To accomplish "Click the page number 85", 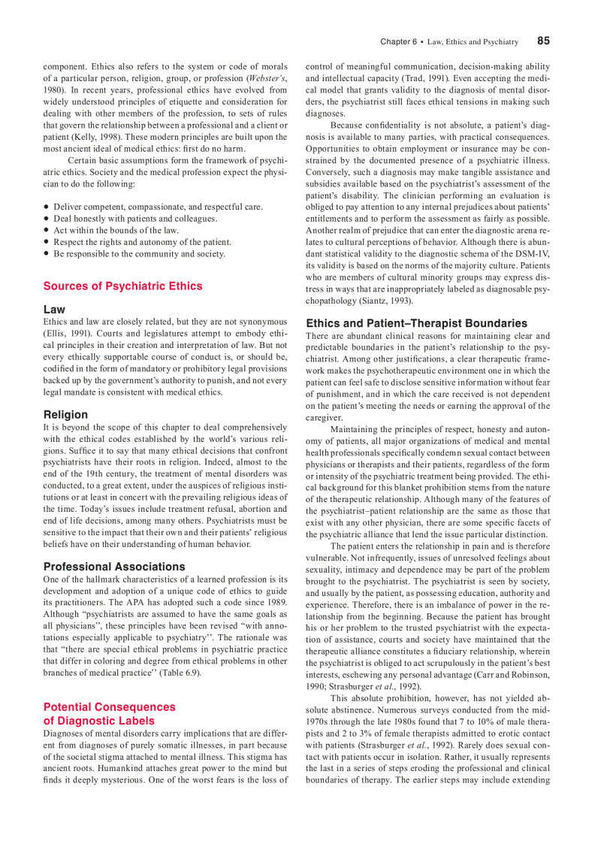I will point(543,41).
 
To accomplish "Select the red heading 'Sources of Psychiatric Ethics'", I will point(122,286).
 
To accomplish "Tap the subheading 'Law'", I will point(54,310).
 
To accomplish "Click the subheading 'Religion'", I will point(65,415).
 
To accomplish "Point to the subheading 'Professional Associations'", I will point(114,567).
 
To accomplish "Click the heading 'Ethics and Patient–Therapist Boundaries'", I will point(416,323).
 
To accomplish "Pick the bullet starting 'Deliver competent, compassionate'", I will point(158,206).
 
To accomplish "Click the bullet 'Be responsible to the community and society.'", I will point(139,254).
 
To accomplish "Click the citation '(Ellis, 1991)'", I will point(66,333).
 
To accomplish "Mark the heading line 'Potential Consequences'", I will point(109,707).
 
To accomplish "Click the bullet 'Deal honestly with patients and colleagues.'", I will point(135,218).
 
